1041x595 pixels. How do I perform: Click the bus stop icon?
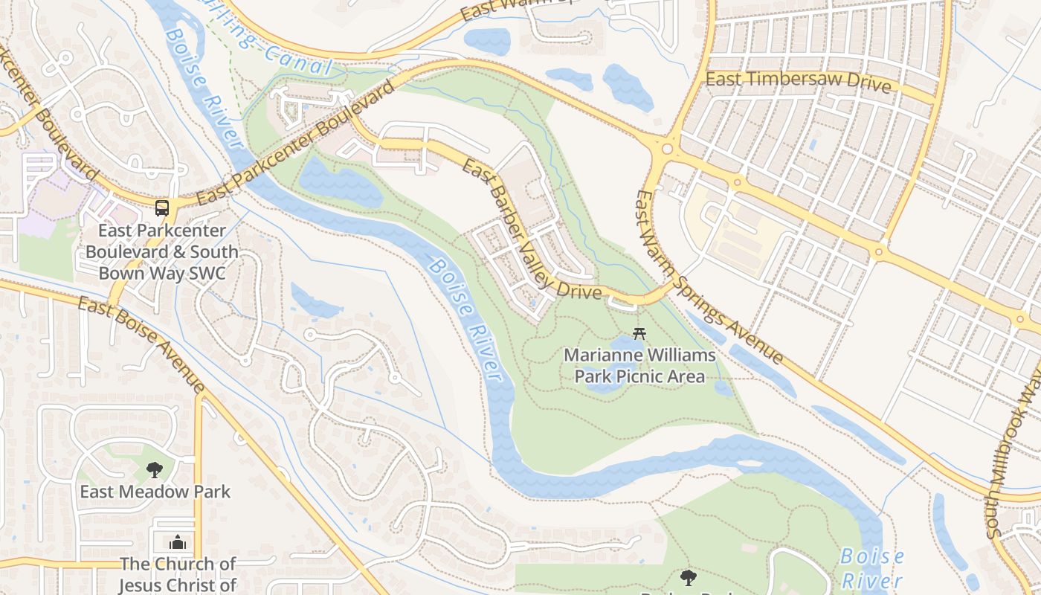[x=161, y=208]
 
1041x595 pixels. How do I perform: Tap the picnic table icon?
[x=637, y=334]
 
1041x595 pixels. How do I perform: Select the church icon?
[x=177, y=541]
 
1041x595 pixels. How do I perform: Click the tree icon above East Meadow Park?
[x=155, y=469]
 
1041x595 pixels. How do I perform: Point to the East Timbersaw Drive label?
[x=798, y=81]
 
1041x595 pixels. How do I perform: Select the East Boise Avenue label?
[x=141, y=344]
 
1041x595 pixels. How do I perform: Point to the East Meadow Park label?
[x=155, y=492]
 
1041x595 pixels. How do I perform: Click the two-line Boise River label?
[x=871, y=567]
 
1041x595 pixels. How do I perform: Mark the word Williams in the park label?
[x=680, y=355]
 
